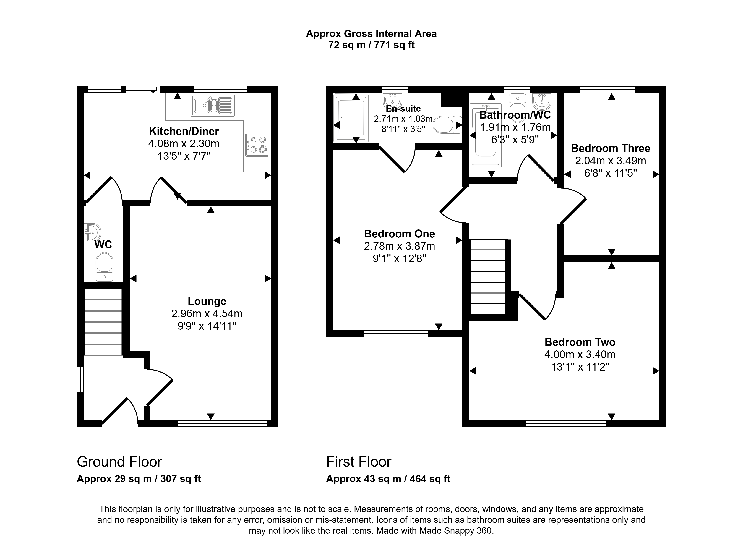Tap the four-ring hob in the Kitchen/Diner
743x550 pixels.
(257, 145)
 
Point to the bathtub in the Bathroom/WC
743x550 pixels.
(486, 135)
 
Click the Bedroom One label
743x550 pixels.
(400, 234)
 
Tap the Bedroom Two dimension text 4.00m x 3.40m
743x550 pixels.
(580, 355)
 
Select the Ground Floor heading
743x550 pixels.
(119, 462)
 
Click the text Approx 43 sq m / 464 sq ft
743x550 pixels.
(388, 479)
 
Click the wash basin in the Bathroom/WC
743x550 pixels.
(542, 101)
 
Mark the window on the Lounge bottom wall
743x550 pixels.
(223, 423)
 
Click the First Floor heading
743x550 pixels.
(359, 462)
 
